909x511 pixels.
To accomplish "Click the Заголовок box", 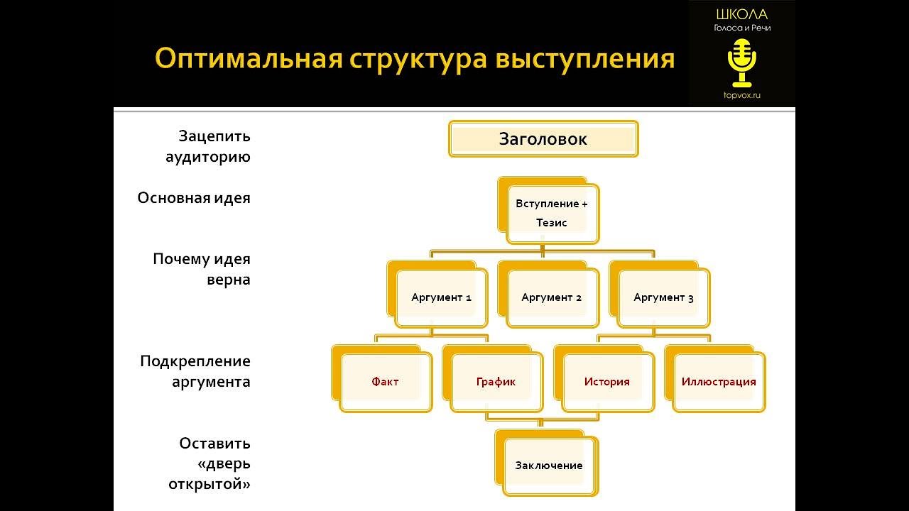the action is [543, 139].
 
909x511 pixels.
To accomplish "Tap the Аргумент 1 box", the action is [441, 297].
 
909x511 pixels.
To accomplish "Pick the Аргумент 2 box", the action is [551, 297].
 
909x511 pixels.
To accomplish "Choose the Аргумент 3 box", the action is [663, 297].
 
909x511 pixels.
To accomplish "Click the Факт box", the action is [385, 382].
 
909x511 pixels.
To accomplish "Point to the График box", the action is [496, 382].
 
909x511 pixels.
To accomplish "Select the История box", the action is [606, 382].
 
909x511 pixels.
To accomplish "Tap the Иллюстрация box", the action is [718, 382].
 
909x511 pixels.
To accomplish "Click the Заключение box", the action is [549, 466].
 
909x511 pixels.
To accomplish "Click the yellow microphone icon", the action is [742, 62].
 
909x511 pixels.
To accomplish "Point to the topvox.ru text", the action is [742, 95].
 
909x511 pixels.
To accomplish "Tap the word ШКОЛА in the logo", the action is [742, 14].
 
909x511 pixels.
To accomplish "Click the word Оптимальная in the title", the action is [248, 59].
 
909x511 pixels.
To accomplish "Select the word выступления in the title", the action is [584, 59].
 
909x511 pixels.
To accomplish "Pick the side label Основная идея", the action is [194, 198].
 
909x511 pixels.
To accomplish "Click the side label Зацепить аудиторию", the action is [208, 146].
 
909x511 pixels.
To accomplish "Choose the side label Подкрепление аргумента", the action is [195, 371].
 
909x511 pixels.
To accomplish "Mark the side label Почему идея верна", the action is [202, 269].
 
